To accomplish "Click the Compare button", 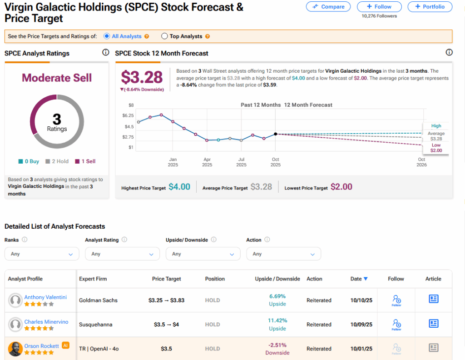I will coord(328,6).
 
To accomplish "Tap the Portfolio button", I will coord(430,6).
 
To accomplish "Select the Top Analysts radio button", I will coord(164,36).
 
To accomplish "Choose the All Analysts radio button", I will coord(107,36).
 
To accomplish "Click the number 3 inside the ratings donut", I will coord(57,119).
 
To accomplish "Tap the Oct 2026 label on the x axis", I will coord(421,162).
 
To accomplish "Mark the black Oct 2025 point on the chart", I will coord(275,134).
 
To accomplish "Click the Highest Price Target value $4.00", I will coord(179,187).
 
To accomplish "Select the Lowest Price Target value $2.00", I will coord(341,187).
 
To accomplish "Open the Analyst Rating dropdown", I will coord(122,254).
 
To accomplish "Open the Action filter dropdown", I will coord(283,254).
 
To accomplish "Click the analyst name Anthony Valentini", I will coord(45,297).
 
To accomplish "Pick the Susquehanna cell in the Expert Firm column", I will coord(95,325).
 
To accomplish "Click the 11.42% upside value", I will coord(277,320).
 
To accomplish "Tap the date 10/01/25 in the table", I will coord(361,349).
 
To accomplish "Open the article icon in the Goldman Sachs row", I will coord(433,299).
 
